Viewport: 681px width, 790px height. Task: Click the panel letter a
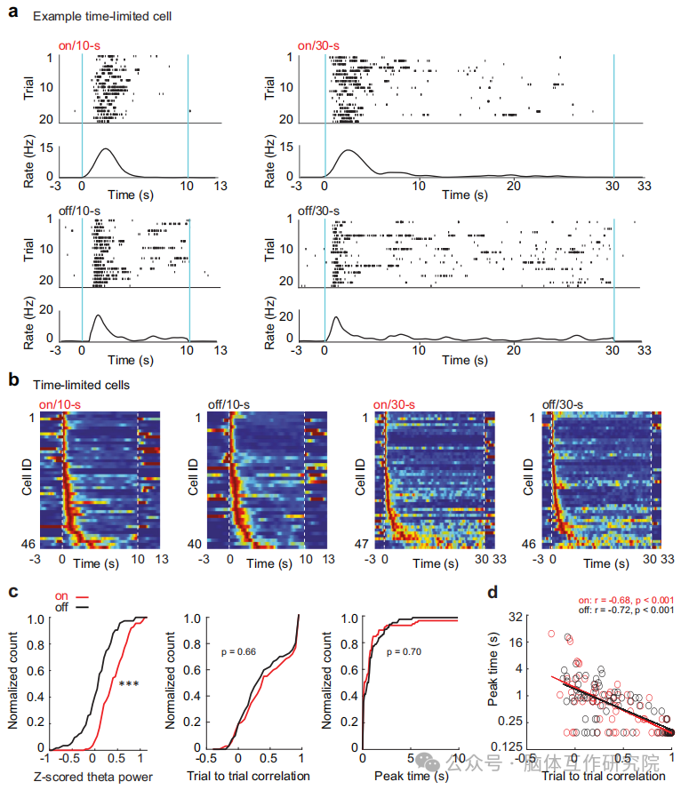click(x=12, y=14)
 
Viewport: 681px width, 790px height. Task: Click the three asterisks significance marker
click(x=128, y=683)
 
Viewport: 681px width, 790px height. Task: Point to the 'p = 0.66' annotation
click(x=240, y=651)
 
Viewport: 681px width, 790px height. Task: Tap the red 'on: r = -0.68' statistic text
click(x=614, y=600)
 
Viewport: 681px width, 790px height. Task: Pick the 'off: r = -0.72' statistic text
click(x=614, y=610)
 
